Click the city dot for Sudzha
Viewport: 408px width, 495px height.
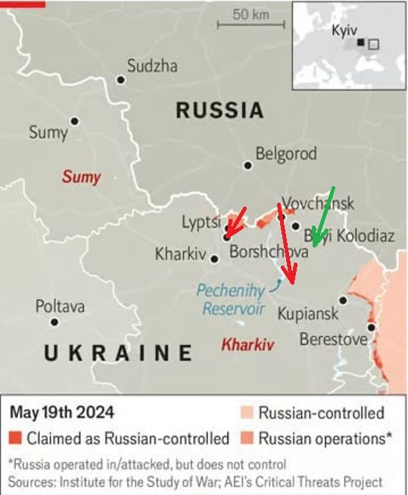coord(120,79)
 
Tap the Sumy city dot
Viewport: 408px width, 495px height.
coord(74,121)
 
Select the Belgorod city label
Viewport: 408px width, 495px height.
coord(285,154)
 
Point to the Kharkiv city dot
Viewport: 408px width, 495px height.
coord(214,259)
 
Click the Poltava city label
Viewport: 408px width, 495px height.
coord(60,307)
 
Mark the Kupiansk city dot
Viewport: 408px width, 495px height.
coord(343,300)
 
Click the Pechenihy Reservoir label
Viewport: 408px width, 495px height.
coord(233,299)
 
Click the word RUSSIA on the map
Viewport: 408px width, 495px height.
coord(220,111)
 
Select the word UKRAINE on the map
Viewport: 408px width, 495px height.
coord(117,353)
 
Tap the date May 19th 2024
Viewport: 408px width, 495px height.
coord(62,413)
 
